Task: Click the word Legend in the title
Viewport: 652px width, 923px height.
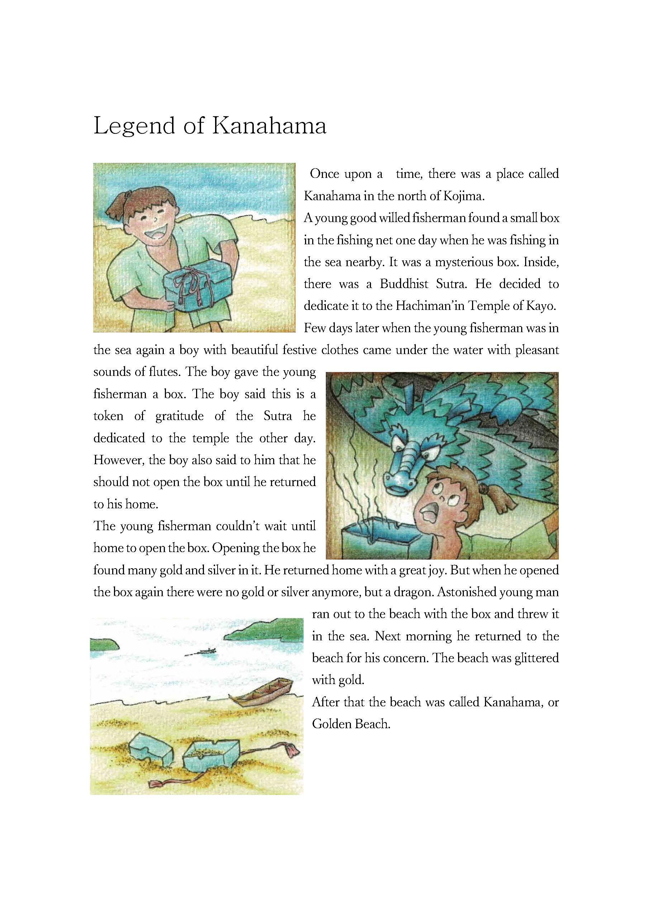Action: click(134, 126)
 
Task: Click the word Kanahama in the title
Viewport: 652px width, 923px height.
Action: click(268, 126)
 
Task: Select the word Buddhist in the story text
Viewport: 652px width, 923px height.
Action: click(404, 284)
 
